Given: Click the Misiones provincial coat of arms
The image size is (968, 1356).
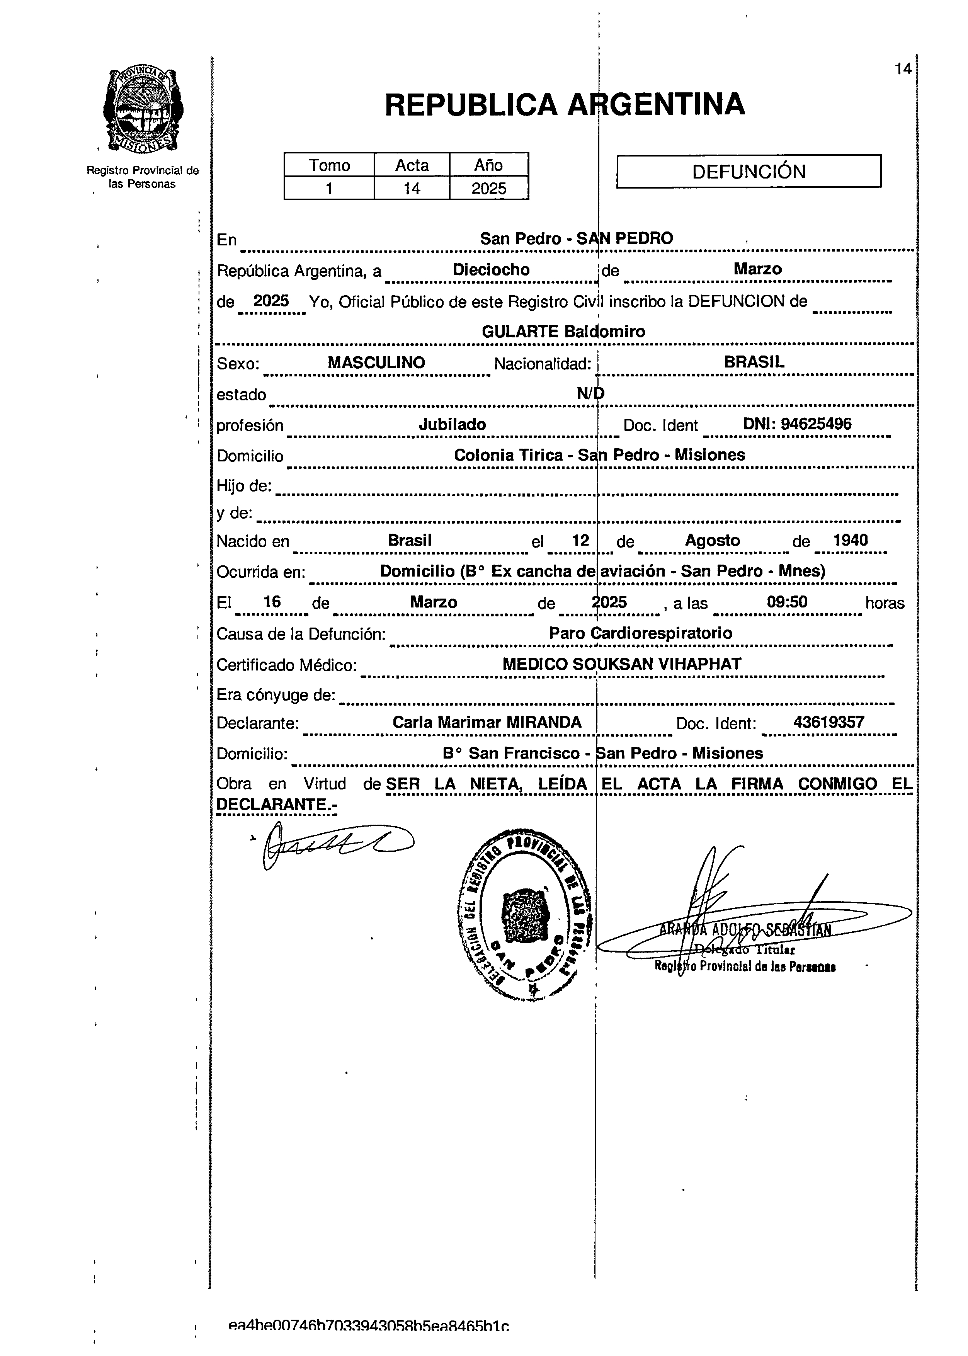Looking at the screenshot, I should pyautogui.click(x=143, y=110).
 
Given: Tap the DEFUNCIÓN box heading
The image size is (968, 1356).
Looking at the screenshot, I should pyautogui.click(x=748, y=172).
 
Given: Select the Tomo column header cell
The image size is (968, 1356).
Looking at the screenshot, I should pyautogui.click(x=329, y=165).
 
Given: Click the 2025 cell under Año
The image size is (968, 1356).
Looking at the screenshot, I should pyautogui.click(x=489, y=188).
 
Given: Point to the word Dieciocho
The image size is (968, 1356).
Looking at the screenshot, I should pyautogui.click(x=491, y=269).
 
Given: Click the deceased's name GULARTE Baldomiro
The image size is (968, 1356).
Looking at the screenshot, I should pyautogui.click(x=563, y=332).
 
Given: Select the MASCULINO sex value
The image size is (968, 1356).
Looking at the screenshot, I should pyautogui.click(x=376, y=362).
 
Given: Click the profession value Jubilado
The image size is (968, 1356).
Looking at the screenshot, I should pyautogui.click(x=452, y=424).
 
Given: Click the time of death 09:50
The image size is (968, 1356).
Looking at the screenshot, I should pyautogui.click(x=787, y=602).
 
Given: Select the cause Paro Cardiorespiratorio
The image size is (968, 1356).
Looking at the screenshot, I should pyautogui.click(x=640, y=633).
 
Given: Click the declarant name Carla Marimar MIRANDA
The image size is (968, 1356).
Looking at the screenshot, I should pyautogui.click(x=487, y=722).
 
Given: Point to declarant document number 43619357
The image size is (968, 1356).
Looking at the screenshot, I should pyautogui.click(x=828, y=722).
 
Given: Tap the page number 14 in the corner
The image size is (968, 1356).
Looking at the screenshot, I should pyautogui.click(x=902, y=69).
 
